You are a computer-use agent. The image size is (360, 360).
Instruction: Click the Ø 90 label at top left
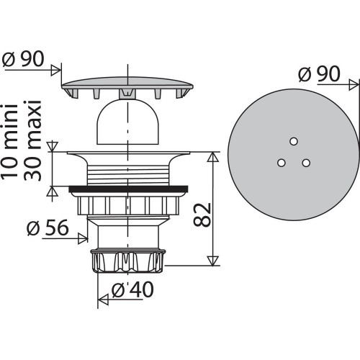(x=23, y=59)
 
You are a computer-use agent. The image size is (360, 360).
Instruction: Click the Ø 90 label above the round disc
(x=319, y=73)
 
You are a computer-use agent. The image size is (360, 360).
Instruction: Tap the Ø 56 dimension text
(x=48, y=228)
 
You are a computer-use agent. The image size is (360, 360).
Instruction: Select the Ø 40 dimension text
(x=132, y=289)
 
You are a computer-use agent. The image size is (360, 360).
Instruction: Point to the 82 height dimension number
(x=202, y=215)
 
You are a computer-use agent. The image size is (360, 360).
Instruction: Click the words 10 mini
(x=9, y=140)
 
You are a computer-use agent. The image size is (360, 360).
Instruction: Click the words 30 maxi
(x=32, y=140)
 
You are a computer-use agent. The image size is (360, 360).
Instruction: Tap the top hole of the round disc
(x=294, y=141)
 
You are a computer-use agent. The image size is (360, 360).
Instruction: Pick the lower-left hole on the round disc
(x=281, y=163)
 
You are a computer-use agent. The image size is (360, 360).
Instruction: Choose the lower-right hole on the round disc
(x=306, y=163)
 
